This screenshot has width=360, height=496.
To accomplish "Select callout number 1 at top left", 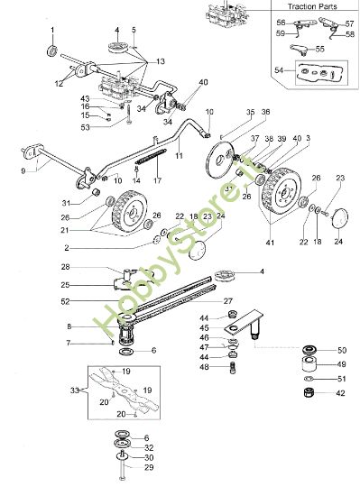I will pyautogui.click(x=51, y=30).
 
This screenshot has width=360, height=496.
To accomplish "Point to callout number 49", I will pyautogui.click(x=340, y=364).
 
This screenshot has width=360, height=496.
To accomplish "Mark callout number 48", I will pyautogui.click(x=230, y=367).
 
